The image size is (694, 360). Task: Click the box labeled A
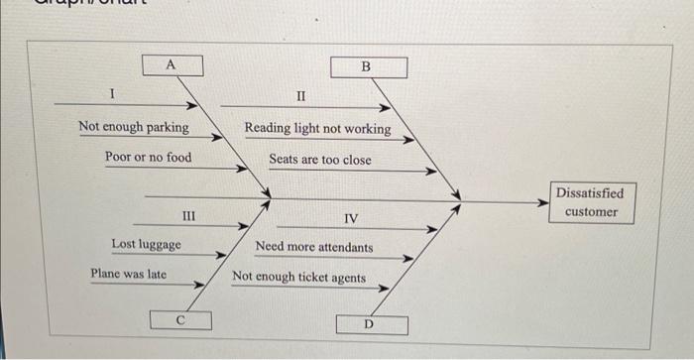coord(171,65)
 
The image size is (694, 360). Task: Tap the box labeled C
coord(179,319)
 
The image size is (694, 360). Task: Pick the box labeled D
coord(369,324)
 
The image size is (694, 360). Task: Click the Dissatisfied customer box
coord(591,202)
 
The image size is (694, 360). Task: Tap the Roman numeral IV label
coord(352,218)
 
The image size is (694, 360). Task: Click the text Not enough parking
coord(134,128)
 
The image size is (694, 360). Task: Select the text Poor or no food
coord(149,158)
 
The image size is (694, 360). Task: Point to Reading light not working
coord(317,129)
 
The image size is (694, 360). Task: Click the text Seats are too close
coord(320,159)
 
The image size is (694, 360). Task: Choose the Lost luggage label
coord(147,245)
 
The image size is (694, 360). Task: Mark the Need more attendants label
coord(314,247)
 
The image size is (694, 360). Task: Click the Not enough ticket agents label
coord(298,278)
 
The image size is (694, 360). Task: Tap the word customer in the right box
coord(591,211)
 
